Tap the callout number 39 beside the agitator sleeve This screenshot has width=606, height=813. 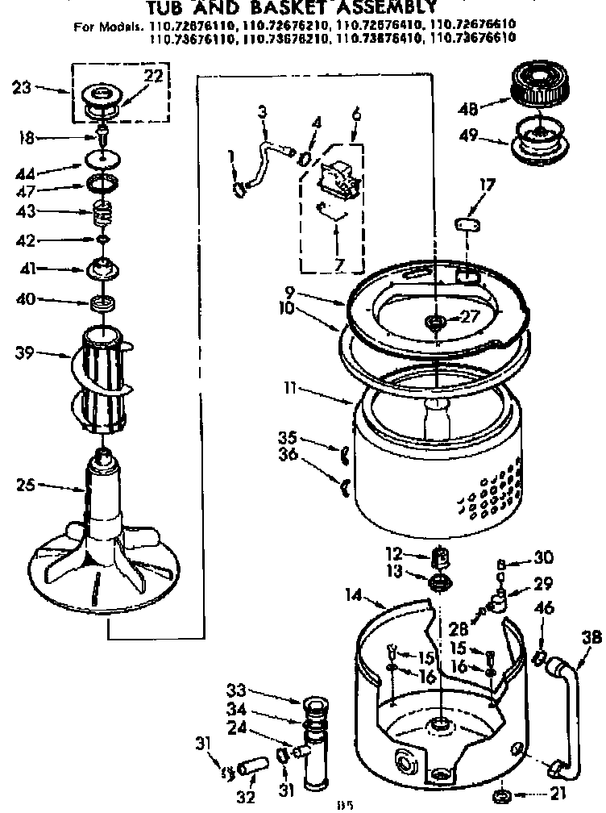(23, 352)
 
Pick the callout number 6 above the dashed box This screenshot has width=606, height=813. (356, 114)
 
